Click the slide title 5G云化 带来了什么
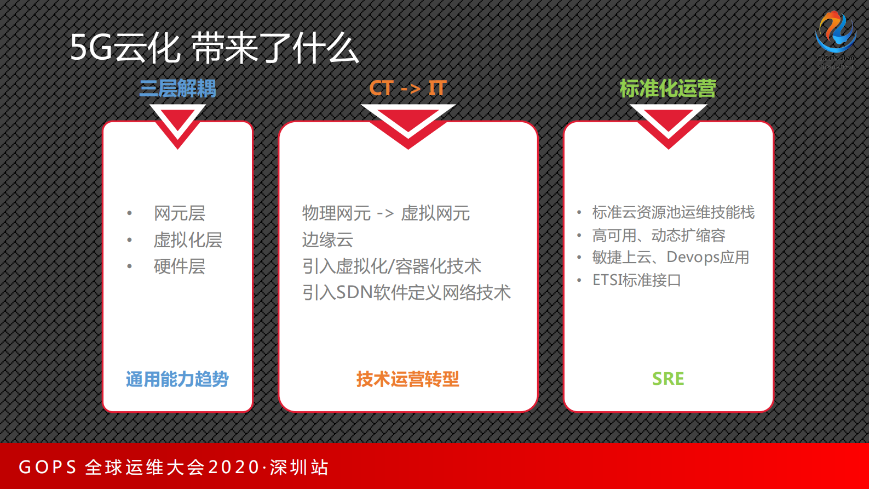tap(214, 48)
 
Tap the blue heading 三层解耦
tap(177, 88)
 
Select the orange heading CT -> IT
tap(408, 88)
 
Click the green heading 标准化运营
tap(667, 88)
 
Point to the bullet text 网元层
tap(180, 213)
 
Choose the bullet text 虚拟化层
tap(188, 240)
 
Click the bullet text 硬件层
tap(180, 266)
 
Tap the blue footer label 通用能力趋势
tap(177, 379)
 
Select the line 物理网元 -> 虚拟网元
tap(386, 213)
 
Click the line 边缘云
tap(327, 240)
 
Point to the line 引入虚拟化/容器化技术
tap(392, 266)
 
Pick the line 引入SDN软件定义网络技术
tap(406, 293)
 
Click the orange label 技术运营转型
tap(408, 379)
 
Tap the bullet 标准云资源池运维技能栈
tap(673, 212)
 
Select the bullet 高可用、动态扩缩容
tap(659, 236)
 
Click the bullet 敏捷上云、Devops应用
tap(670, 257)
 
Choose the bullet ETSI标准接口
tap(636, 280)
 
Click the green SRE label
tap(668, 379)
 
